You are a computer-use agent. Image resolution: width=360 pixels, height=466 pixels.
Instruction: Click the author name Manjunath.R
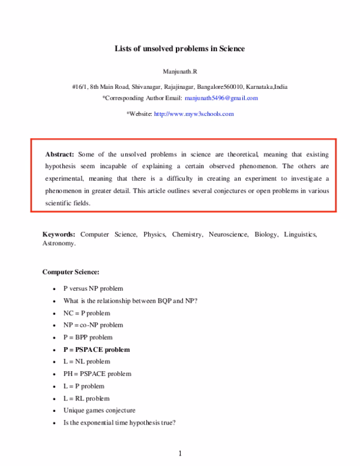[x=180, y=71]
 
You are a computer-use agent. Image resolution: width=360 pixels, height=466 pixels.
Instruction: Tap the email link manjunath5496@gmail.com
[x=221, y=98]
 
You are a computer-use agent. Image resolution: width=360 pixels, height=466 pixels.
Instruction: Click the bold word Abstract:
[x=61, y=154]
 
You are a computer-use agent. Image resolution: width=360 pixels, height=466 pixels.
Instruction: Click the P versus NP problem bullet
[x=92, y=288]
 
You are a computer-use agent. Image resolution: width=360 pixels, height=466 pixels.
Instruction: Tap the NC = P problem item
[x=86, y=313]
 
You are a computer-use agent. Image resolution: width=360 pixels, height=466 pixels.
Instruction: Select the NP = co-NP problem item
[x=93, y=325]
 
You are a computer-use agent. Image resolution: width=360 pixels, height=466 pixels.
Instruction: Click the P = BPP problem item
[x=88, y=337]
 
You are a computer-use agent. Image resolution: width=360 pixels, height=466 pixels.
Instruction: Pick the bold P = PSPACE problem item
[x=96, y=349]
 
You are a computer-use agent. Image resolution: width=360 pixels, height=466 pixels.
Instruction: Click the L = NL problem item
[x=86, y=362]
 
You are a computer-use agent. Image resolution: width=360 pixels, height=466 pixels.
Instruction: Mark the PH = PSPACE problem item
[x=97, y=374]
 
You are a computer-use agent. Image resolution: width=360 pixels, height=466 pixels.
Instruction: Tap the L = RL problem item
[x=86, y=398]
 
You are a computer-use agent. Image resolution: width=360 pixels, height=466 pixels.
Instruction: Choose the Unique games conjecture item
[x=99, y=410]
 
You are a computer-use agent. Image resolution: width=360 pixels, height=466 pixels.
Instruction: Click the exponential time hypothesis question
[x=119, y=423]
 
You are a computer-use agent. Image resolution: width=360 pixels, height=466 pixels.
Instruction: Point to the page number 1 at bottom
[x=179, y=453]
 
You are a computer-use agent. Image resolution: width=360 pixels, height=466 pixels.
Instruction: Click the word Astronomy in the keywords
[x=58, y=244]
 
